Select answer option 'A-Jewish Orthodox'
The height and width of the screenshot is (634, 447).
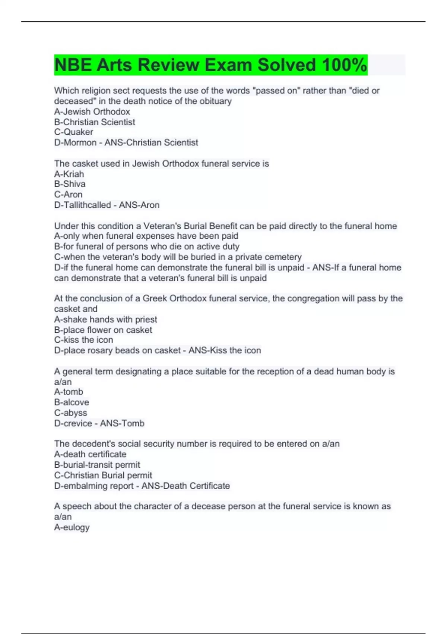point(92,112)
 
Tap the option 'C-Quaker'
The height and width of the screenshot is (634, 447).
point(74,132)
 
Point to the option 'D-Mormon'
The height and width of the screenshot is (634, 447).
point(75,142)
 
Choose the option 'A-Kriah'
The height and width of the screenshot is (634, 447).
point(69,174)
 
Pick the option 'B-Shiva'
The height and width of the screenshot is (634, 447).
point(70,184)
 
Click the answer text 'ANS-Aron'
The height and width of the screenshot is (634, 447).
point(139,205)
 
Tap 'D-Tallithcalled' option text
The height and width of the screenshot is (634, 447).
point(82,205)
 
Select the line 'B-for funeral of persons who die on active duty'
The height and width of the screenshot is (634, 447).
point(147,247)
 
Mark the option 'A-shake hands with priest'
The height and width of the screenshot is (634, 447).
point(105,320)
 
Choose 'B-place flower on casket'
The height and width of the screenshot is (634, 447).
point(103,330)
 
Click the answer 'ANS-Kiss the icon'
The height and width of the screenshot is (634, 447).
point(225,351)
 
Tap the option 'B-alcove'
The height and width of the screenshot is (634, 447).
point(72,402)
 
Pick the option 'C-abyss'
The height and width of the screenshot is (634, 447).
point(70,413)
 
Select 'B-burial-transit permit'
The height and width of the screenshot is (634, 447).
point(97,465)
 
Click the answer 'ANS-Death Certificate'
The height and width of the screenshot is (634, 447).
point(186,486)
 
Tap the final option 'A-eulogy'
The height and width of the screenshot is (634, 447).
point(72,527)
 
